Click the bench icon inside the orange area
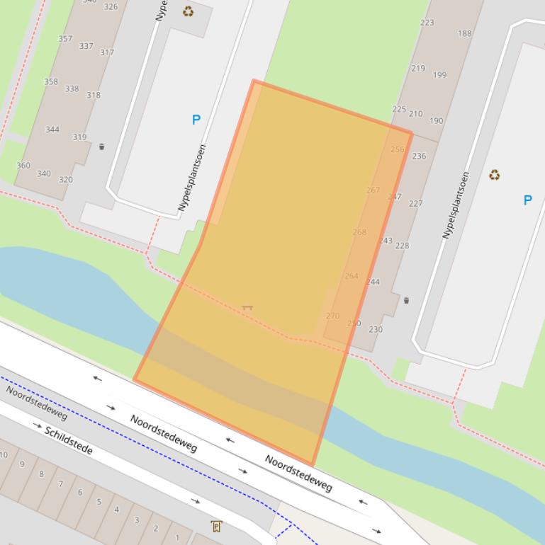coord(247,308)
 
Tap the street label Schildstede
coord(69,440)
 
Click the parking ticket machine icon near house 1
coord(216,526)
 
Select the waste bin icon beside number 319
coord(101,147)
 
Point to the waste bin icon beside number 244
coord(406,301)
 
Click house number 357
coord(65,39)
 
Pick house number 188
coord(464,33)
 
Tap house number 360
coord(23,166)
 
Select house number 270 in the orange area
coord(332,316)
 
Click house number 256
coord(398,150)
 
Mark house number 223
coord(427,23)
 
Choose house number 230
coord(376,330)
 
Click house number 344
coord(52,130)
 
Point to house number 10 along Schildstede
coord(4,454)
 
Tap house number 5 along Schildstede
coord(99,502)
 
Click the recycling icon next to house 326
coord(189,11)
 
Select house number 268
coord(359,232)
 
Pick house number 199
coord(439,75)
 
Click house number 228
coord(402,246)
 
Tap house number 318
coord(94,96)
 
